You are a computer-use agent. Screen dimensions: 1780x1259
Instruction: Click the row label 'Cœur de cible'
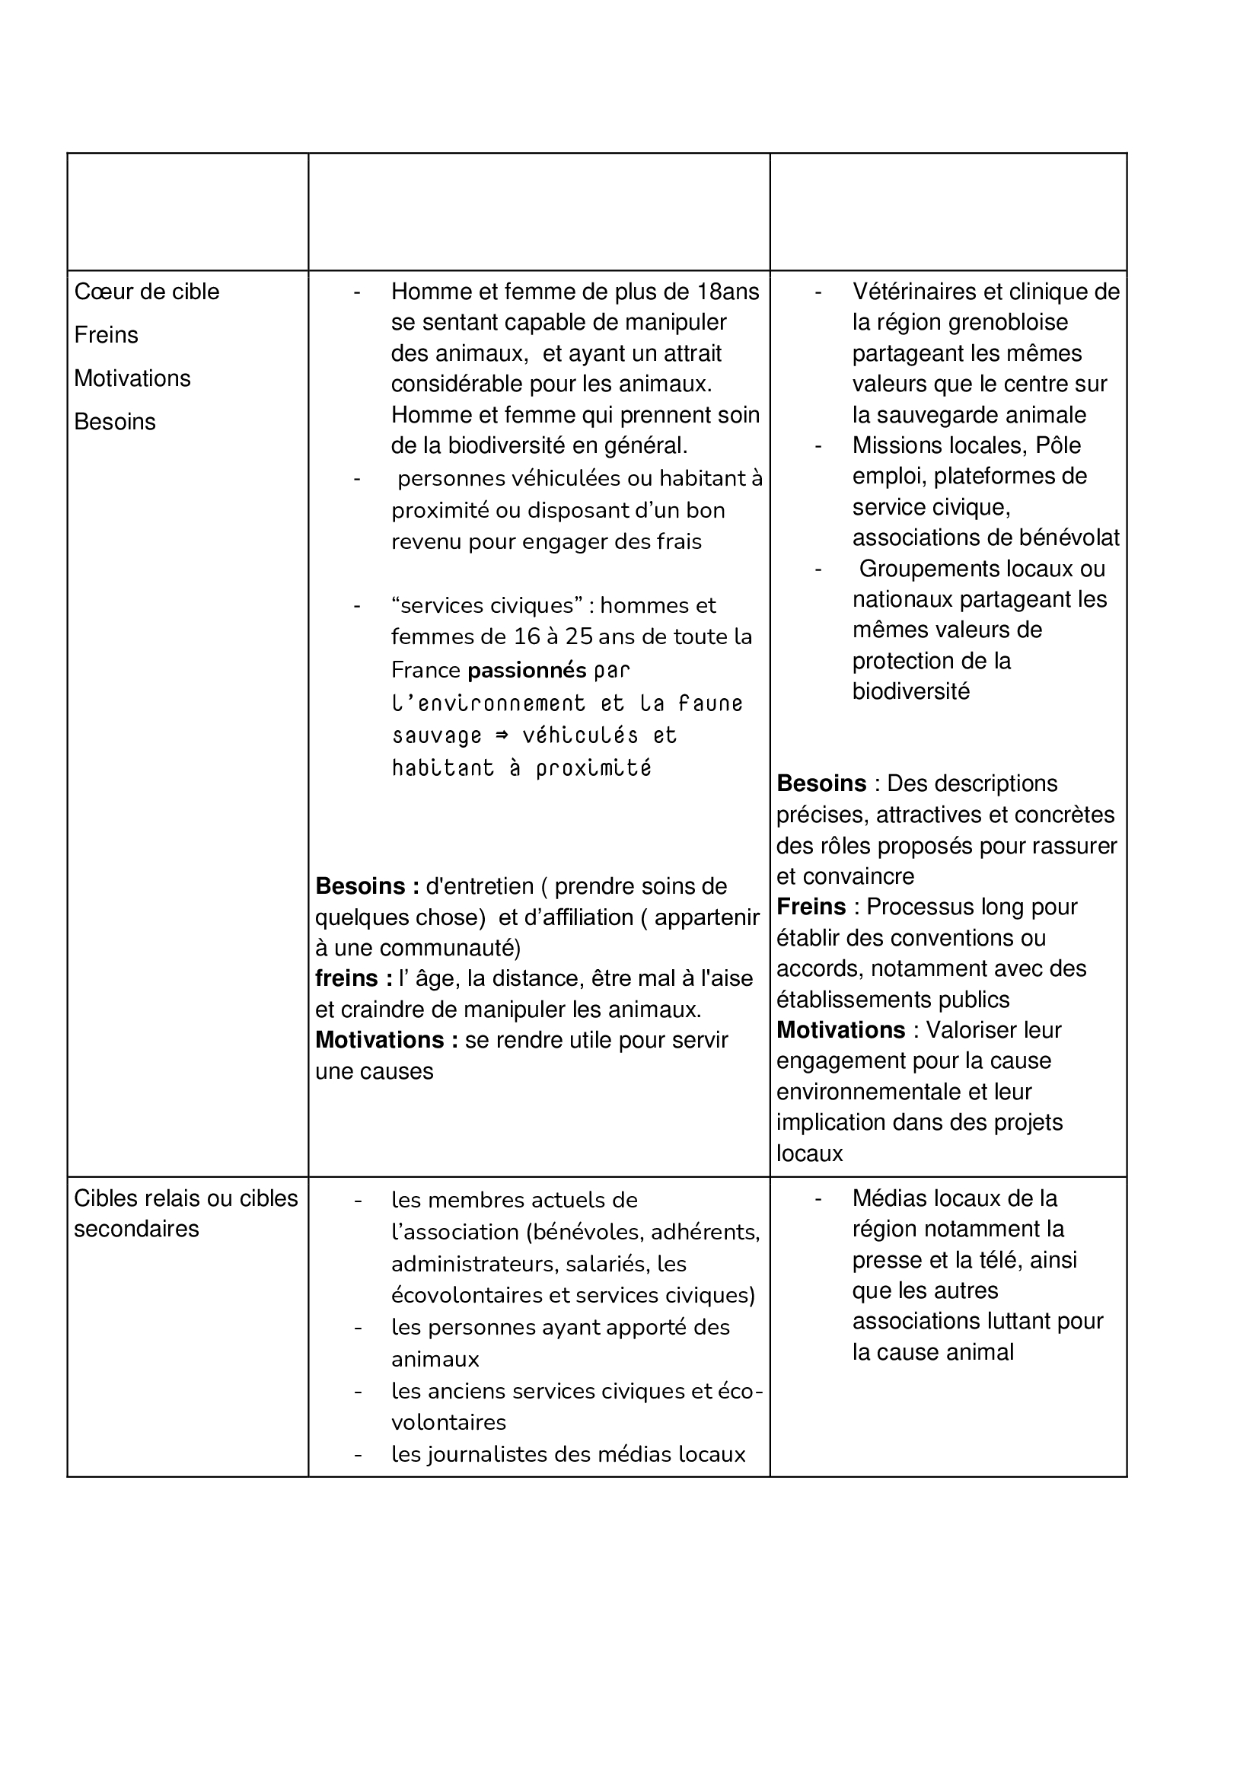[x=146, y=292]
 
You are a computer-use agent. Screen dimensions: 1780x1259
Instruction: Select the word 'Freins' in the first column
[x=107, y=335]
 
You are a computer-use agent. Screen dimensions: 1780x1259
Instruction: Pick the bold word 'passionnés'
[x=528, y=669]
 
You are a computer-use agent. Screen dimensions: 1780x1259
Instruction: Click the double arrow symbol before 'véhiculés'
[x=502, y=734]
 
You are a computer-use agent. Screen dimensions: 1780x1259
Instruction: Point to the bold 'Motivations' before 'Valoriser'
[x=840, y=1029]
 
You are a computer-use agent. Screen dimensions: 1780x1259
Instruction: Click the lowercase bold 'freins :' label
[x=353, y=978]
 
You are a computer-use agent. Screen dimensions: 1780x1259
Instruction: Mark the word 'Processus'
[x=916, y=906]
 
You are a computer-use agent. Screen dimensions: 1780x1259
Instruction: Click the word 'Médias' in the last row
[x=888, y=1198]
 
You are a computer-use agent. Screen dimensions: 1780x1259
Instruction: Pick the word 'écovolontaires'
[x=467, y=1295]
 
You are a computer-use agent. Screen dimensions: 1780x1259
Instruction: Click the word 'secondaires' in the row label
[x=136, y=1229]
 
